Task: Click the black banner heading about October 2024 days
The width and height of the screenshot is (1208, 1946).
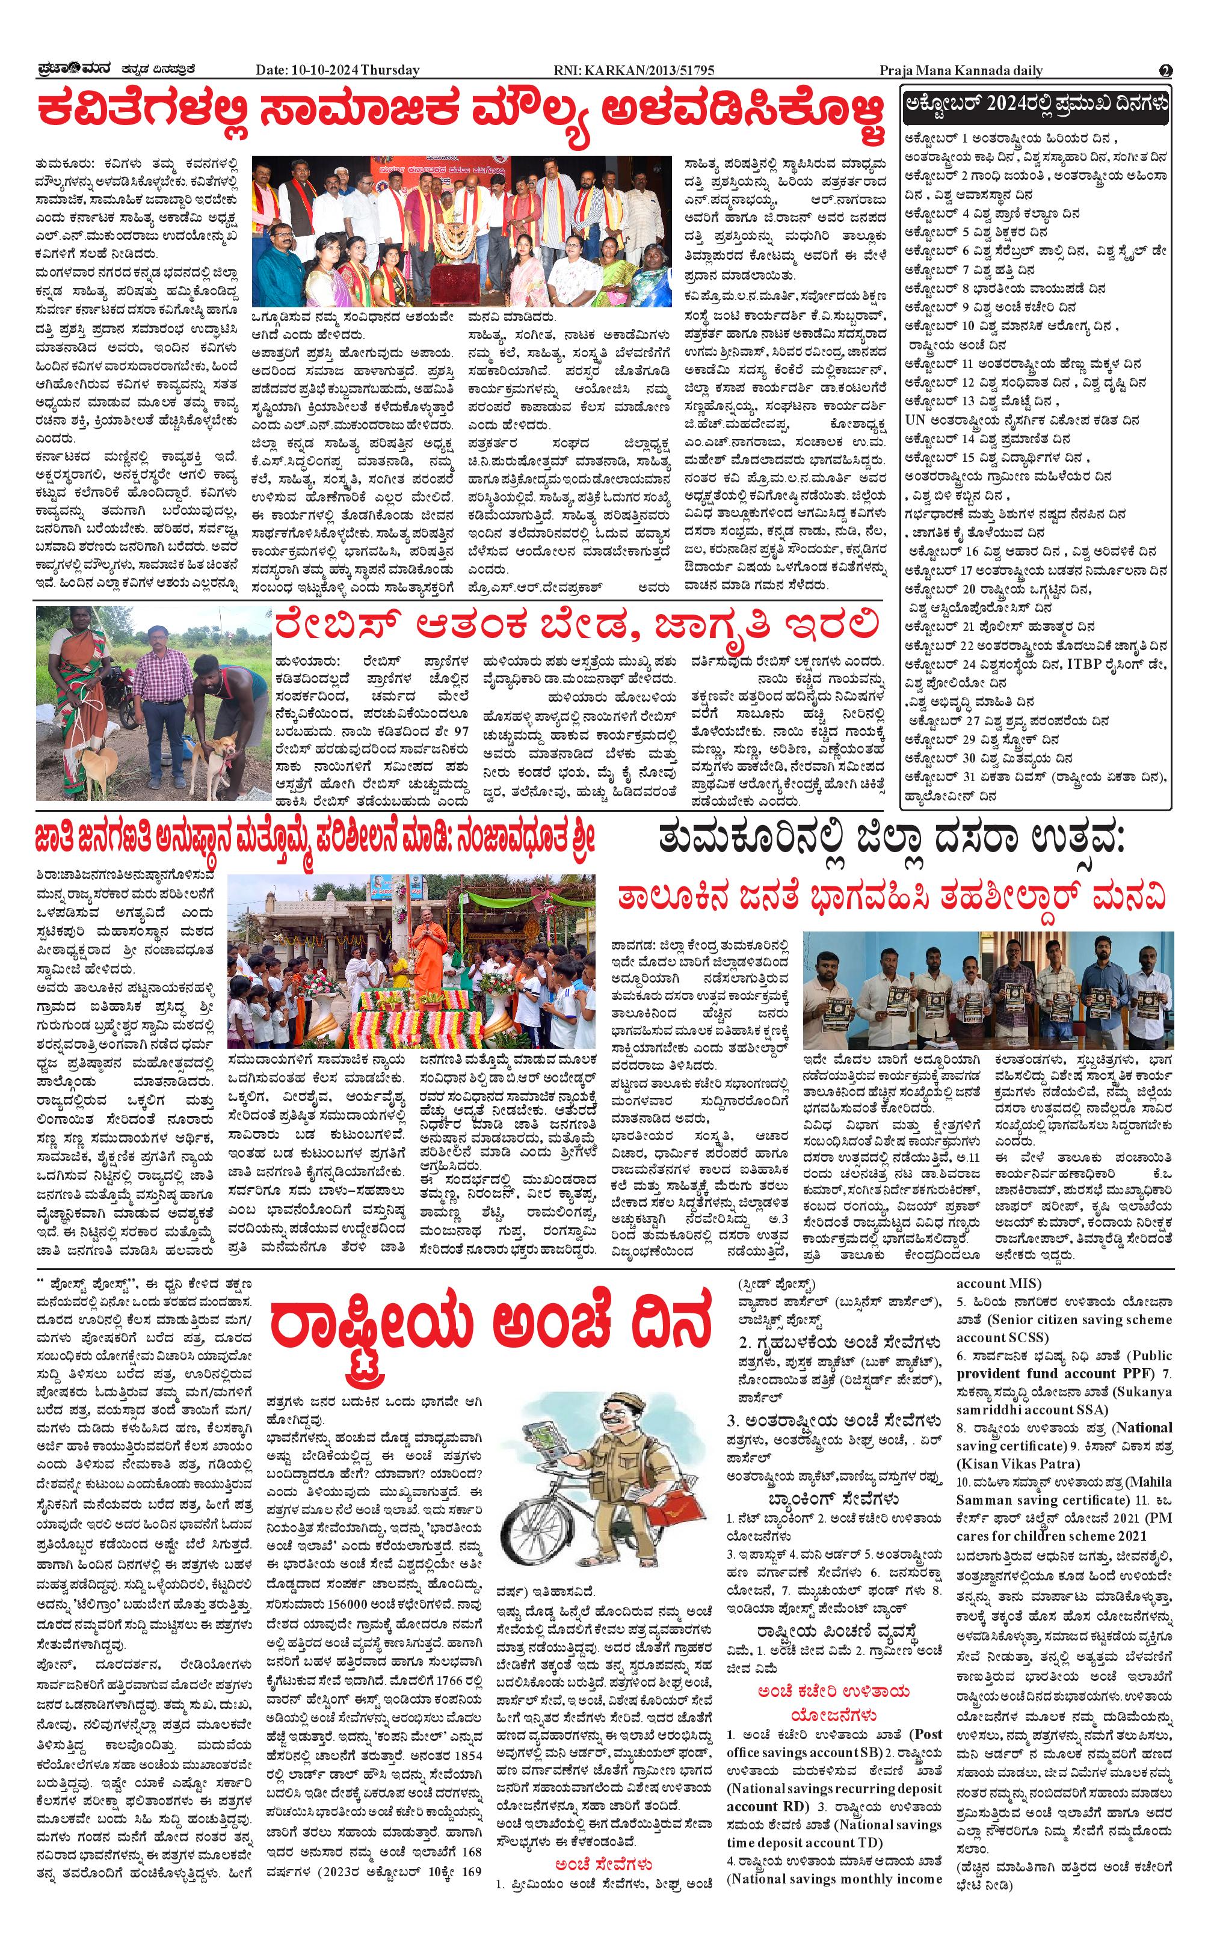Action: (x=1035, y=105)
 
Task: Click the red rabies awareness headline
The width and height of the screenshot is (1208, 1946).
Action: (x=577, y=627)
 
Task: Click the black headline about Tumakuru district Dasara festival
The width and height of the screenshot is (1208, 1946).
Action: (x=892, y=842)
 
